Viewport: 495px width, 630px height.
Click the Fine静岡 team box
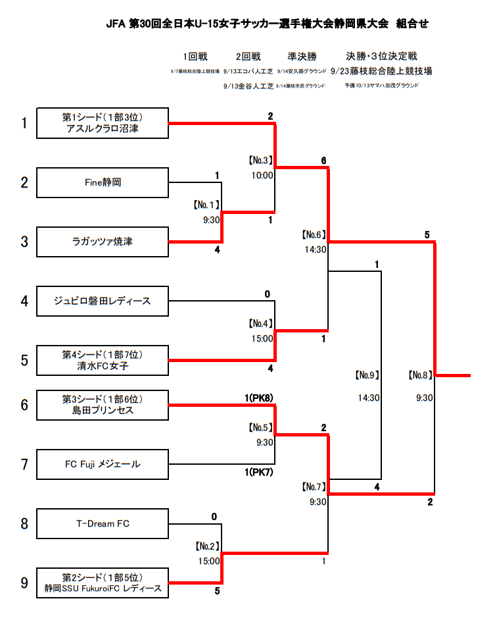coord(103,182)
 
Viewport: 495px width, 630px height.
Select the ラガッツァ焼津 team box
coord(103,242)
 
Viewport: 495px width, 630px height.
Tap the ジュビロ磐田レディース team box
coord(103,301)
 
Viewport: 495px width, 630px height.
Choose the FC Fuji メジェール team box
coord(103,465)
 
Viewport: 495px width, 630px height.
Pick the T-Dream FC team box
coord(103,524)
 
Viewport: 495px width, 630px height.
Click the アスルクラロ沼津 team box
coord(103,123)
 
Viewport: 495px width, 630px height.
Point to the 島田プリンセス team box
coord(103,404)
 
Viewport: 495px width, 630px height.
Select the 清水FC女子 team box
coord(103,360)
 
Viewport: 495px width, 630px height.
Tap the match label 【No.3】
coord(260,161)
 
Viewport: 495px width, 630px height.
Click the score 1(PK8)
coord(258,397)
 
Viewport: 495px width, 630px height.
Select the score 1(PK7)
coord(258,472)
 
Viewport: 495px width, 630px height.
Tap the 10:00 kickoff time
coord(262,175)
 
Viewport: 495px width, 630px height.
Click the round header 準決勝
coord(302,57)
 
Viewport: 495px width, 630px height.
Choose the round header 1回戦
coord(195,57)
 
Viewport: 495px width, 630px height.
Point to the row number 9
coord(24,583)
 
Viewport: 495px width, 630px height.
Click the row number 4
coord(24,301)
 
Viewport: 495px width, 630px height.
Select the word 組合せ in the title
coord(413,24)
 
